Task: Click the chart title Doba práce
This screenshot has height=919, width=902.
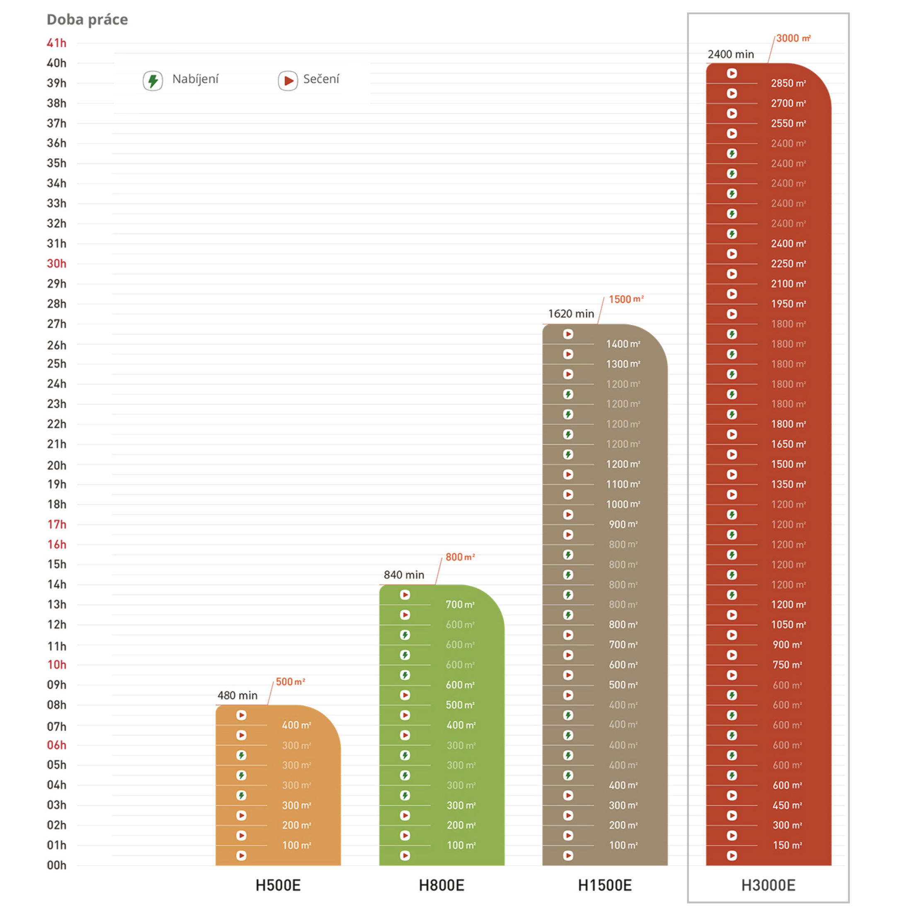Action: (x=87, y=20)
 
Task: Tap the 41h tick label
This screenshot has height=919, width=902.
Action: (x=56, y=43)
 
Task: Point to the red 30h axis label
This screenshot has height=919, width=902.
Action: (x=56, y=263)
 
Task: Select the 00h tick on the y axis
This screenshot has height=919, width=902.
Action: (x=56, y=865)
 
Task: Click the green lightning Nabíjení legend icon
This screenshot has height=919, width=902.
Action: (x=153, y=80)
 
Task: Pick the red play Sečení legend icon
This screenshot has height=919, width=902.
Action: (x=288, y=80)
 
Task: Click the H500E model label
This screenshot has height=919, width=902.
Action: (x=278, y=885)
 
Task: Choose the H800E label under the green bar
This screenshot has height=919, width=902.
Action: (x=441, y=885)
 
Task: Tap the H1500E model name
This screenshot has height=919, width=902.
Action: (x=604, y=885)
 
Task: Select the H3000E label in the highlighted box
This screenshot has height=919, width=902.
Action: (x=768, y=885)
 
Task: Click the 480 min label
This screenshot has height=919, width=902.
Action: (x=238, y=695)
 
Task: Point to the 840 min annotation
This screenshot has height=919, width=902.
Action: (x=404, y=575)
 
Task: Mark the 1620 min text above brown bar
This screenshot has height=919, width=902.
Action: (x=571, y=313)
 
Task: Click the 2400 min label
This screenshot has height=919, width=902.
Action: (x=730, y=54)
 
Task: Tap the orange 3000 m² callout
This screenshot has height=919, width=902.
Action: (x=793, y=39)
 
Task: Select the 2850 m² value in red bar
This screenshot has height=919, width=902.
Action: (x=788, y=83)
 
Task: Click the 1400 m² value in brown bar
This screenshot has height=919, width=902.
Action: (x=623, y=344)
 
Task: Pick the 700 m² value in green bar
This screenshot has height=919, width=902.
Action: (x=460, y=605)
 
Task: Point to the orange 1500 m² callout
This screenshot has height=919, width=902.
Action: (x=626, y=299)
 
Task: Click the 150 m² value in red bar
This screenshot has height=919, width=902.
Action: (x=787, y=845)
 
